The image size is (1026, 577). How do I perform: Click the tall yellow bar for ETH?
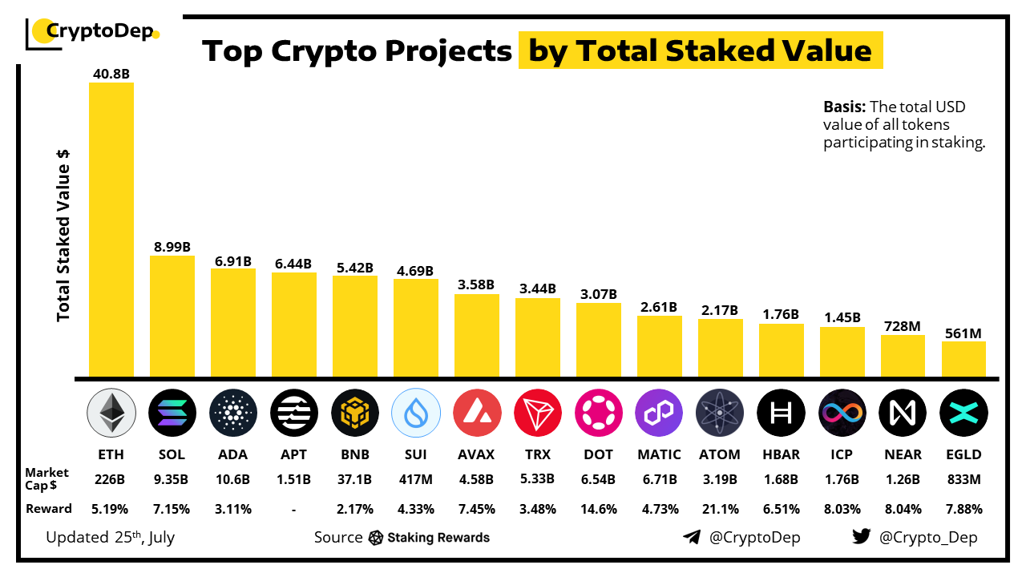click(x=111, y=229)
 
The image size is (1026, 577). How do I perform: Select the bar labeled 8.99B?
click(x=172, y=316)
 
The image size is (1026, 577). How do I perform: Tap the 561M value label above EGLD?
click(x=963, y=333)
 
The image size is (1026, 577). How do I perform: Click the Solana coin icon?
click(x=172, y=414)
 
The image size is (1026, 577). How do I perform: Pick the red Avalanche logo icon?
click(x=476, y=414)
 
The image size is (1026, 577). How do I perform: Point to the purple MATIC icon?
click(x=659, y=414)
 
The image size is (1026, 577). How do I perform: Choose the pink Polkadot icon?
click(x=598, y=414)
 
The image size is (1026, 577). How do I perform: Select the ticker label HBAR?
click(x=781, y=454)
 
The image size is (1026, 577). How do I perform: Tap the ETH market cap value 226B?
click(x=111, y=480)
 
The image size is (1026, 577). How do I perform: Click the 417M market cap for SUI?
click(x=415, y=480)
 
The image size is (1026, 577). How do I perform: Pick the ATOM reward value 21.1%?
click(x=720, y=509)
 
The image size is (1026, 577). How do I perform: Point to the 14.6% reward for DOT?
click(x=598, y=509)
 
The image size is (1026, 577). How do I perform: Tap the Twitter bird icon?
click(x=861, y=537)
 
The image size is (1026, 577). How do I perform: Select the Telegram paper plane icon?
click(x=692, y=537)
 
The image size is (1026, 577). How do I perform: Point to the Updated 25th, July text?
click(x=110, y=537)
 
